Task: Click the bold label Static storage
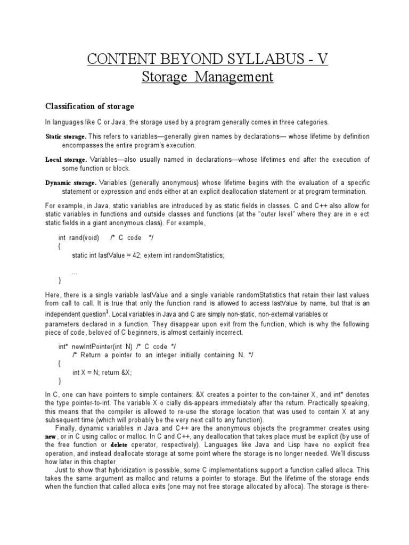(x=66, y=137)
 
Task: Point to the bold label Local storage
(x=65, y=160)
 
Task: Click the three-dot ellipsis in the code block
(x=75, y=271)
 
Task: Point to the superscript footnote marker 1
(x=107, y=311)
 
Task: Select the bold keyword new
(x=51, y=436)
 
